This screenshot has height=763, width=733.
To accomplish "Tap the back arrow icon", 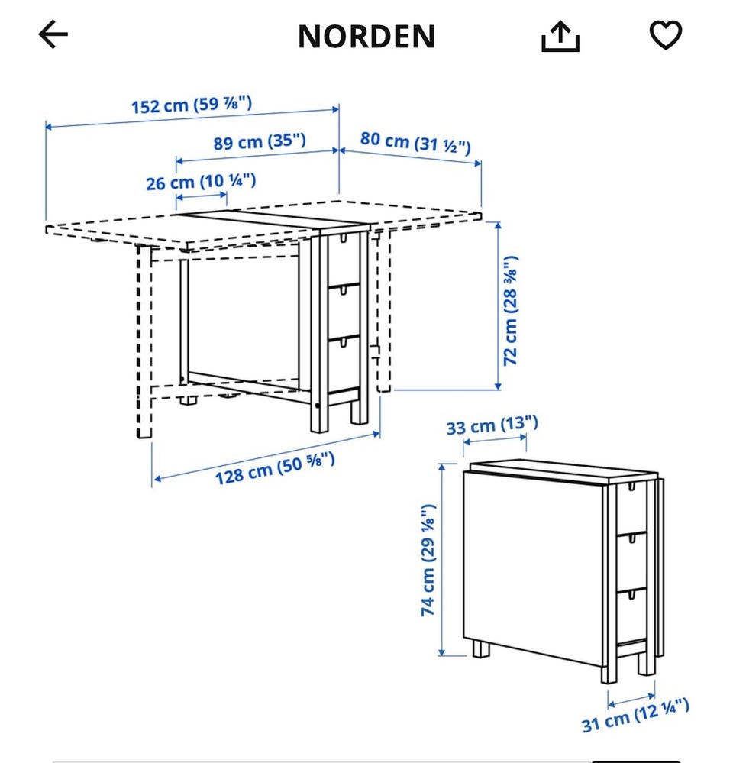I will (53, 34).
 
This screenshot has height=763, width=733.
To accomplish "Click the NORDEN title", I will (366, 36).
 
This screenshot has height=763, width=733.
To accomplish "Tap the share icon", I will (560, 35).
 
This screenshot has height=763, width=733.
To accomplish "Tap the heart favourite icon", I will (665, 35).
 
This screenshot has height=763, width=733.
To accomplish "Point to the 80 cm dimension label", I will (415, 141).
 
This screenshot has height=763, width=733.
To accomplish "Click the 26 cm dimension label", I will (201, 182).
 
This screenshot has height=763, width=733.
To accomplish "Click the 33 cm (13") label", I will (492, 425).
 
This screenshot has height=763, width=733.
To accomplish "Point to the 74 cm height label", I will (429, 560).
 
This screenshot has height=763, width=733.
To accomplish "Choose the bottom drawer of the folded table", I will (631, 611).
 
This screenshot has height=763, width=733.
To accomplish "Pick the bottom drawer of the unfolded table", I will (344, 359).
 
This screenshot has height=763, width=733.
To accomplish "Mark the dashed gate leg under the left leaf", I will (143, 340).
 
